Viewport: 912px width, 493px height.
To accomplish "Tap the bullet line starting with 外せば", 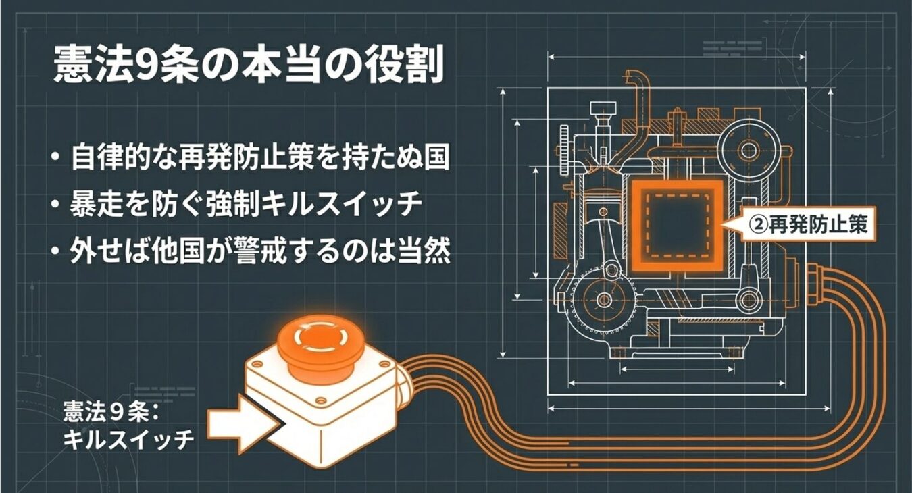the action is [x=260, y=249].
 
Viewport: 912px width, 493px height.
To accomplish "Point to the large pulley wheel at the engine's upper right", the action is [x=749, y=150].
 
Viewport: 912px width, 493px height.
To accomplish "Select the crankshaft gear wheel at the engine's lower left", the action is [x=605, y=300].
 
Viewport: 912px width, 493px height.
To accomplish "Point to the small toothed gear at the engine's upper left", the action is [x=564, y=148].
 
